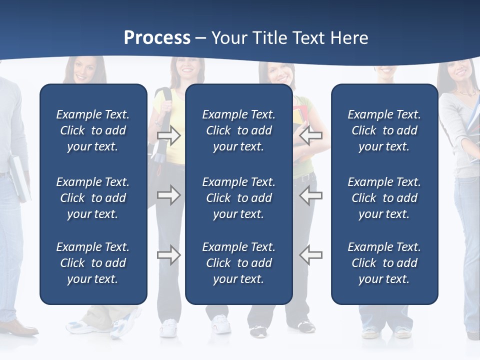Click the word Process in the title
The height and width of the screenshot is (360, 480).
pos(157,38)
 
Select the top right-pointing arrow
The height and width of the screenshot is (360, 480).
pos(168,135)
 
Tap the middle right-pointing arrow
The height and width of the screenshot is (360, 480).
pos(168,195)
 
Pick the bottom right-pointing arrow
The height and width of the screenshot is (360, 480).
pos(168,255)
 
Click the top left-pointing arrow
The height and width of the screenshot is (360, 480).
pos(311,135)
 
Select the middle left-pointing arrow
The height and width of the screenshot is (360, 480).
pos(311,195)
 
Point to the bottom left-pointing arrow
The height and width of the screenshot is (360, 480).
pos(311,255)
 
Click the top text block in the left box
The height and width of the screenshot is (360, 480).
pos(93,130)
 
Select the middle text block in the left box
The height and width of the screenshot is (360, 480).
pos(93,198)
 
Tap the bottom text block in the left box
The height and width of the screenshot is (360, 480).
pos(93,263)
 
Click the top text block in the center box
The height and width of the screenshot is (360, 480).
pos(238,130)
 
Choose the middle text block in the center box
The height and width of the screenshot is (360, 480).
pos(238,198)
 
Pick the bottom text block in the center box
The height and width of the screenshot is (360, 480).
pos(238,263)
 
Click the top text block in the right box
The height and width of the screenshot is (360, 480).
pos(384,130)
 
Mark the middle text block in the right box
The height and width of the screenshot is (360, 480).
pos(384,198)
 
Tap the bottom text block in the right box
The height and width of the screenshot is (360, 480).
pos(384,263)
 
